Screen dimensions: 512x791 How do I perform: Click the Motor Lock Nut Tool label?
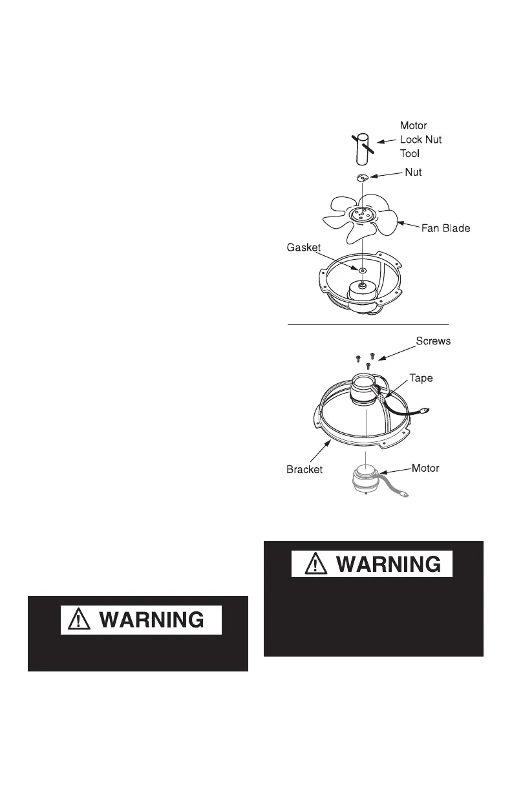tap(421, 140)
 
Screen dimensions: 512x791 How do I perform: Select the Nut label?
tap(413, 173)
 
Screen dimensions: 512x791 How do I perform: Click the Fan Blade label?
tap(445, 228)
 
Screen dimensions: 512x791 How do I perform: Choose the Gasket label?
tap(303, 247)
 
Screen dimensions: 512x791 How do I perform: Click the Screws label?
tap(432, 341)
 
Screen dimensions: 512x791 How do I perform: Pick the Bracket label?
tap(304, 470)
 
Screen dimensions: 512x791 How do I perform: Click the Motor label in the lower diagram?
tap(425, 467)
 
